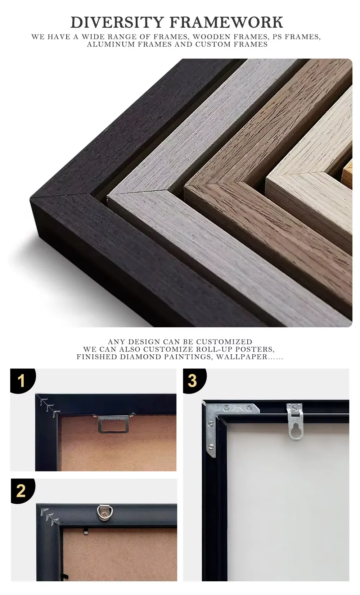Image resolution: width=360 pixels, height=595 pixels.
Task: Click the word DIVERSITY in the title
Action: tap(117, 22)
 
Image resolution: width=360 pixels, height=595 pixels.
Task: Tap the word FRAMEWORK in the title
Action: tap(226, 22)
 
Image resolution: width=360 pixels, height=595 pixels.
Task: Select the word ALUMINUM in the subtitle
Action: tap(111, 44)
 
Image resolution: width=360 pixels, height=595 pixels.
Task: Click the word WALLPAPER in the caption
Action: tap(242, 357)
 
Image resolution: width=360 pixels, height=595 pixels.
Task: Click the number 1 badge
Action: tap(22, 381)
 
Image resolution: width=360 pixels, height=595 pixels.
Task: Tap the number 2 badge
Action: tap(22, 491)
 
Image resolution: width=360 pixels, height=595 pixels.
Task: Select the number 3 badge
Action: tap(194, 381)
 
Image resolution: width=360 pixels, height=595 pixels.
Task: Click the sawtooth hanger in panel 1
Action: tap(114, 423)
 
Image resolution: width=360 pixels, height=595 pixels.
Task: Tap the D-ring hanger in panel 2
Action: tap(105, 513)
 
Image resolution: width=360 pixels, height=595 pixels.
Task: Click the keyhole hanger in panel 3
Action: tap(295, 422)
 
